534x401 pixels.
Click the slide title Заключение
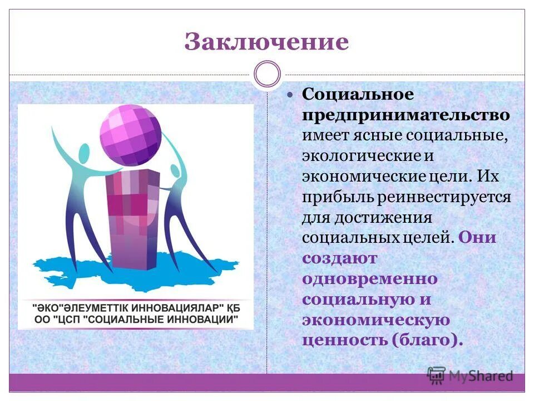tap(266, 42)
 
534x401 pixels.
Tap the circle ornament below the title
tap(267, 74)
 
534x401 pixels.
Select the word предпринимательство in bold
tap(406, 115)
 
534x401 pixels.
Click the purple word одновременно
tap(370, 278)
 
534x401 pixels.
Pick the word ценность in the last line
tap(341, 340)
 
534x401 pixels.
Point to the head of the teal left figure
tap(83, 154)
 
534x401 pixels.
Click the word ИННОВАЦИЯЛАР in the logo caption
tap(177, 307)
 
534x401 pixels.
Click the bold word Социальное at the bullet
tap(358, 95)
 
